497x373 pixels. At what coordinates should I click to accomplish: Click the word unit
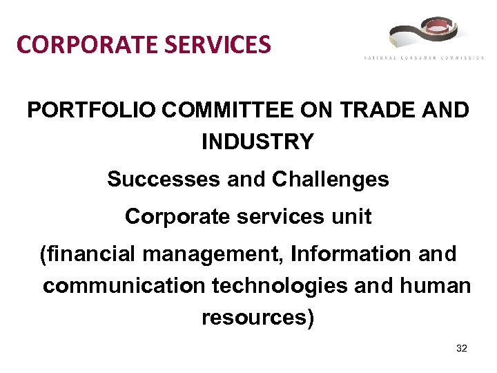pos(353,217)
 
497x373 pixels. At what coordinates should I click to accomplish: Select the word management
pos(211,254)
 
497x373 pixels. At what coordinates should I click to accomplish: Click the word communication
pos(121,286)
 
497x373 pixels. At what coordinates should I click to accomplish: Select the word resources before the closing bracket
pos(253,318)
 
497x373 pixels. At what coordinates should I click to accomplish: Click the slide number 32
pos(462,349)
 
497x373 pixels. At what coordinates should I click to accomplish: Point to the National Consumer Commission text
pos(423,58)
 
